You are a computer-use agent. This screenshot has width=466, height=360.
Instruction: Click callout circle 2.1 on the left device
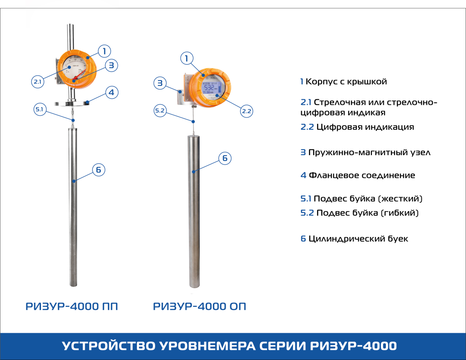(x=37, y=82)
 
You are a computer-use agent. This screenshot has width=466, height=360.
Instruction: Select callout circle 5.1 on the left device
(x=39, y=110)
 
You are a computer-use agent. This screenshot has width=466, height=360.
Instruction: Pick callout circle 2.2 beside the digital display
(x=247, y=111)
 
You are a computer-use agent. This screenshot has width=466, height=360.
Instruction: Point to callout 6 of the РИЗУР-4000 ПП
(x=98, y=170)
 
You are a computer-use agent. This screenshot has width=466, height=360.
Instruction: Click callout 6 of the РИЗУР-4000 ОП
(x=224, y=158)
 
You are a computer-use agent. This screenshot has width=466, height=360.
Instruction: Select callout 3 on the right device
(x=159, y=83)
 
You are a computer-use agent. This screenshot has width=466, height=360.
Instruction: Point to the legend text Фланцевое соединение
(x=362, y=175)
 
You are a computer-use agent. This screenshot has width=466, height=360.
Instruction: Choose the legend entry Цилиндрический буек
(x=358, y=239)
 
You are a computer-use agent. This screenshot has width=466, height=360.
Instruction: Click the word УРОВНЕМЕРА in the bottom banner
(x=206, y=346)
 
